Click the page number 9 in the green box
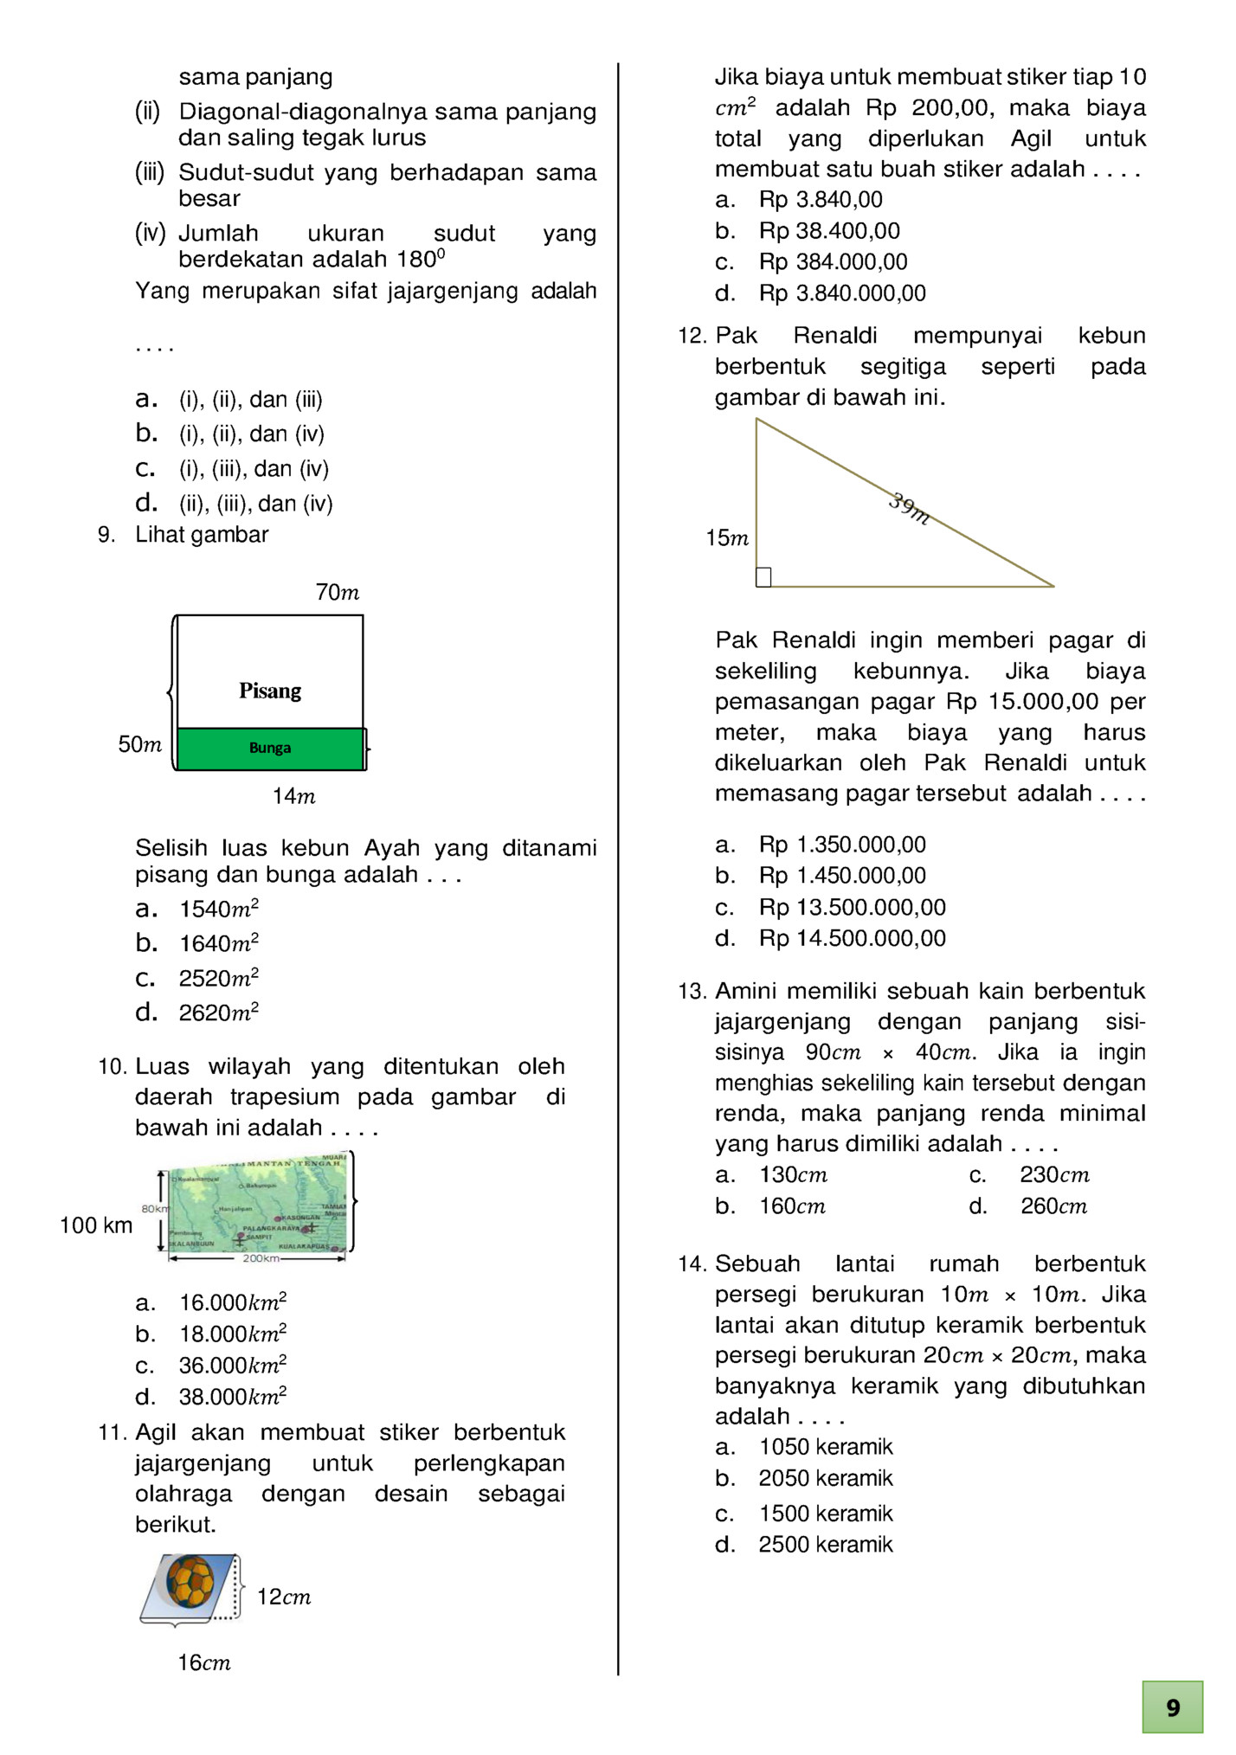tap(1172, 1707)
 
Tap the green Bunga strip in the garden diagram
tap(270, 749)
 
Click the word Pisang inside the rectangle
tap(270, 691)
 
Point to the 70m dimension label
tap(337, 593)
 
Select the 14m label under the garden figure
tap(293, 796)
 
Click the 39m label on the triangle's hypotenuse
tap(910, 509)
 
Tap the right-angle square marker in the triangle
tap(763, 577)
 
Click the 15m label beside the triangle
tap(727, 538)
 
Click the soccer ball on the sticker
tap(190, 1581)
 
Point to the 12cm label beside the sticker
tap(284, 1597)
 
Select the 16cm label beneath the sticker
tap(204, 1662)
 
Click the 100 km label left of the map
tap(96, 1225)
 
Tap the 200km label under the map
tap(261, 1258)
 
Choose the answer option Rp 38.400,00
tap(829, 231)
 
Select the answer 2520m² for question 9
tap(218, 979)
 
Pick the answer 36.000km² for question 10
tap(232, 1366)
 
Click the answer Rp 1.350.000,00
tap(841, 845)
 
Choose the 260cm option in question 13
tap(1053, 1206)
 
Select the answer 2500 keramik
tap(825, 1545)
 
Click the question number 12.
tap(692, 336)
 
